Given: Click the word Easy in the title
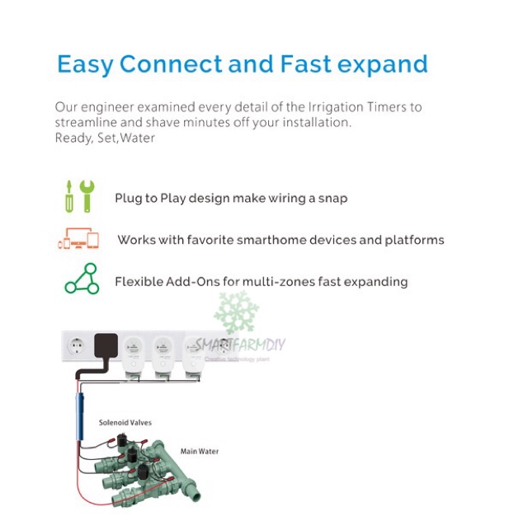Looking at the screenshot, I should click(x=83, y=64).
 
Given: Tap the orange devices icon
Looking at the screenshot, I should click(x=79, y=240).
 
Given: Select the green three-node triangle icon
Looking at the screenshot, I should click(x=81, y=280).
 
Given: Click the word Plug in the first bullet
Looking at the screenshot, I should click(x=130, y=198).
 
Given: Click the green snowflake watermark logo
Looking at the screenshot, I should click(x=236, y=312).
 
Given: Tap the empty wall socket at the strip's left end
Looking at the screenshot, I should click(x=75, y=346).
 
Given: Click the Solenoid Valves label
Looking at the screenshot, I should click(x=125, y=423).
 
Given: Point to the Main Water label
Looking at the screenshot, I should click(x=200, y=452).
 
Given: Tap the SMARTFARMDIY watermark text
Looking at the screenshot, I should click(x=239, y=345).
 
